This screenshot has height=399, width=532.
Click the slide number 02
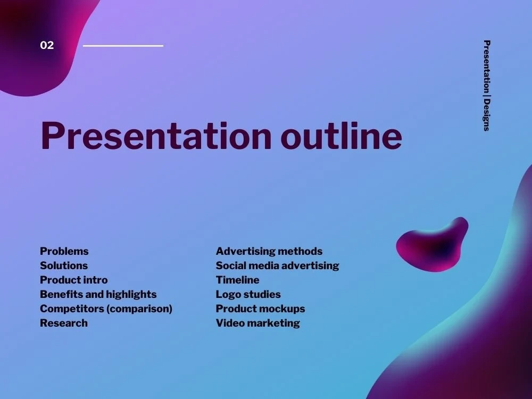pos(47,45)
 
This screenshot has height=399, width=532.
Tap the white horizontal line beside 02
pos(123,45)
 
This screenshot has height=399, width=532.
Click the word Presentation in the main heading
pos(156,136)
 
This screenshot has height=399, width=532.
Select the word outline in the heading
pos(342,136)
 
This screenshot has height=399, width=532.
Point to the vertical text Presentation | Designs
pos(487,86)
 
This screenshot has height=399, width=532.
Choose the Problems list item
pos(64,251)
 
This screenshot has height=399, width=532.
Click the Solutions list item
pos(64,265)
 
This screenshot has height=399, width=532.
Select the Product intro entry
pos(73,280)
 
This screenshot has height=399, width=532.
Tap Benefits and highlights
pos(98,295)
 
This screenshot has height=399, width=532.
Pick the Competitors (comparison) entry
pos(106,309)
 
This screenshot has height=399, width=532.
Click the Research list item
pos(64,323)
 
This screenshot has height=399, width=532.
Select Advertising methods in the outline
pos(269,251)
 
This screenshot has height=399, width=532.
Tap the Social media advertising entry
pos(277,265)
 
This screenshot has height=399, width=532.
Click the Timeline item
pos(237,280)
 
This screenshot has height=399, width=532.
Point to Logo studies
pos(248,295)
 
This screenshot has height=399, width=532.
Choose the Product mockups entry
pos(260,309)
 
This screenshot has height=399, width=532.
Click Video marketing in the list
pos(258,323)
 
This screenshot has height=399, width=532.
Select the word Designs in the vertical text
pos(487,115)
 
